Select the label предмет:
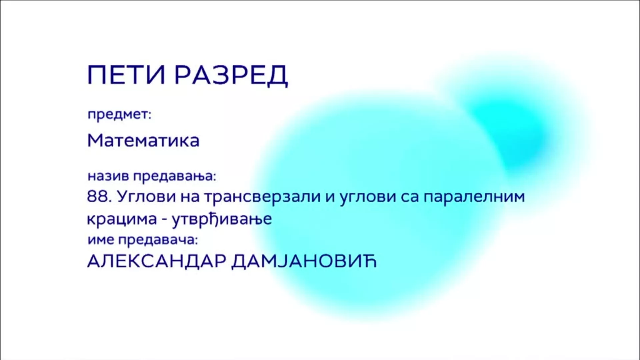click(119, 115)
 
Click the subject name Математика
click(143, 140)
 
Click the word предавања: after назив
click(175, 176)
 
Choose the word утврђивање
click(222, 219)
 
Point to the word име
click(101, 240)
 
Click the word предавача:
click(158, 240)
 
